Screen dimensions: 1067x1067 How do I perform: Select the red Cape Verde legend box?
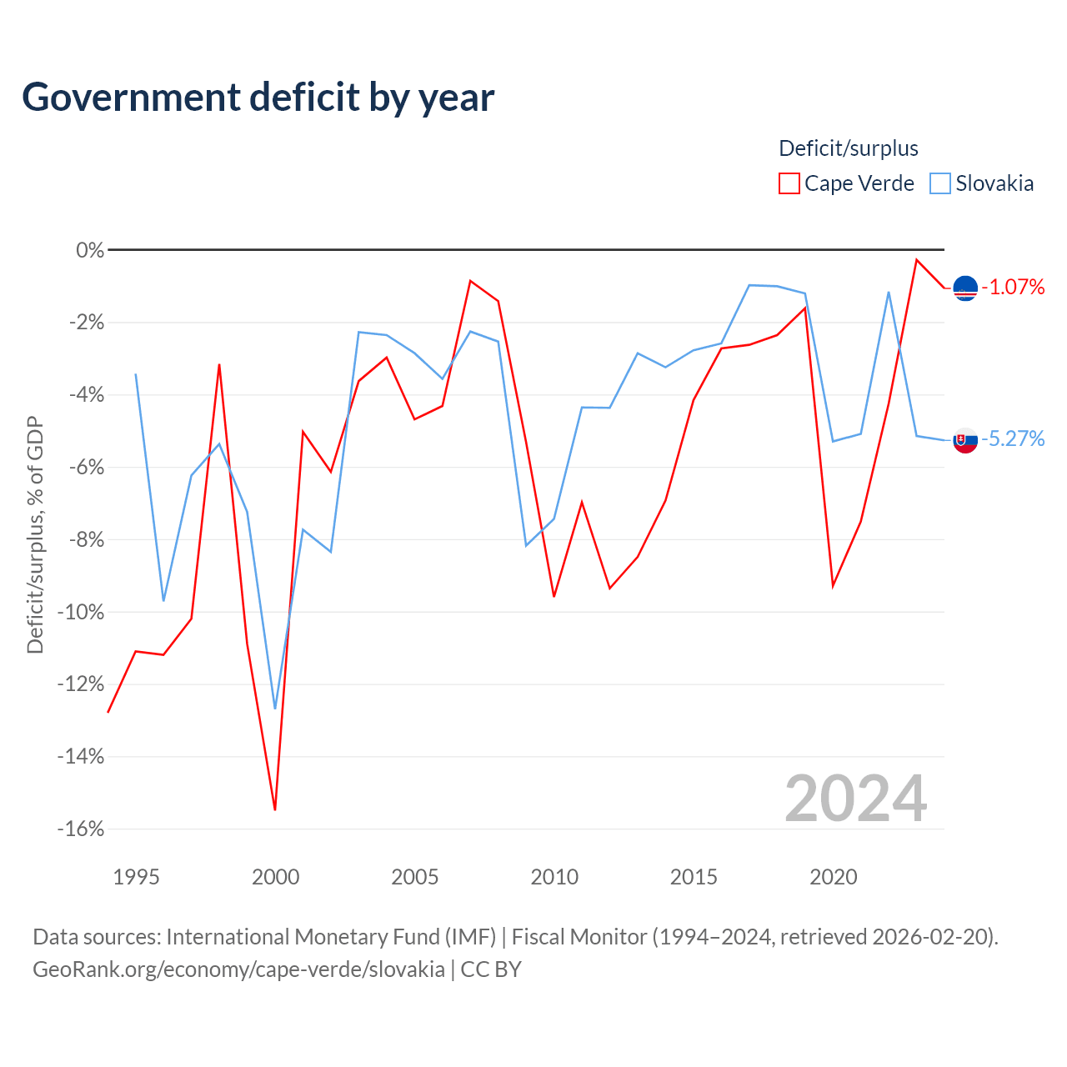click(789, 183)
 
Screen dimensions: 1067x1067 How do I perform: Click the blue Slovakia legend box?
click(939, 183)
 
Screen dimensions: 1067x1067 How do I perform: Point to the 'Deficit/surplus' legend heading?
click(848, 148)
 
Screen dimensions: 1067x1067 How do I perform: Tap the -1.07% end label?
click(1013, 287)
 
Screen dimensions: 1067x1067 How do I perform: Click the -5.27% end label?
click(1013, 438)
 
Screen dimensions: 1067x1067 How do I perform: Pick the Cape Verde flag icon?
click(965, 288)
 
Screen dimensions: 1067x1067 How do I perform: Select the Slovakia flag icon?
click(965, 441)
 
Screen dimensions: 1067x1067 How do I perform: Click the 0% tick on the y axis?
click(90, 250)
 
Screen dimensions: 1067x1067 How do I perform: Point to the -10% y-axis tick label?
click(81, 613)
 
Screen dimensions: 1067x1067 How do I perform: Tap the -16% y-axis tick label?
click(81, 829)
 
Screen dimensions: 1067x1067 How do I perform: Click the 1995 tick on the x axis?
click(136, 877)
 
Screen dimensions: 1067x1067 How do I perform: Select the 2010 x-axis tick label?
click(554, 877)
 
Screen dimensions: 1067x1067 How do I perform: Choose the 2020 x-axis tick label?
click(834, 877)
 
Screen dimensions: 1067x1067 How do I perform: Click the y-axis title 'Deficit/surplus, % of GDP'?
click(35, 535)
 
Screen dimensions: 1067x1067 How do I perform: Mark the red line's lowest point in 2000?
click(275, 810)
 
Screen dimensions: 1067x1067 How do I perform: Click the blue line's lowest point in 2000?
click(275, 709)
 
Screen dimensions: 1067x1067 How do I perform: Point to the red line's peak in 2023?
click(916, 260)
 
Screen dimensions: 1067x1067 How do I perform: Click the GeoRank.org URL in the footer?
click(238, 969)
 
